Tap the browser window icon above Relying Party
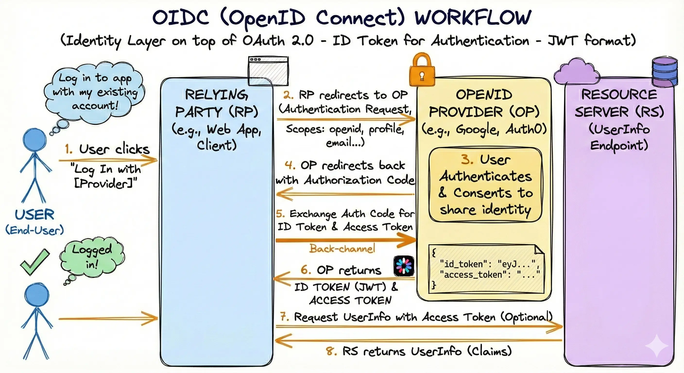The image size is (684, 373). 268,71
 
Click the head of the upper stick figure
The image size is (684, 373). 34,140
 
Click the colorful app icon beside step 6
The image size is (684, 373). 404,266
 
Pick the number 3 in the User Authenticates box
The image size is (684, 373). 467,159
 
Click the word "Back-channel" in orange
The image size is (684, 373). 342,248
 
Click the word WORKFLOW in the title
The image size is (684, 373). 473,18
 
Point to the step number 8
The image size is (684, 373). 331,351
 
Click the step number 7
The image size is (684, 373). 285,317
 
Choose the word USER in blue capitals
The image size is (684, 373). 34,214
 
